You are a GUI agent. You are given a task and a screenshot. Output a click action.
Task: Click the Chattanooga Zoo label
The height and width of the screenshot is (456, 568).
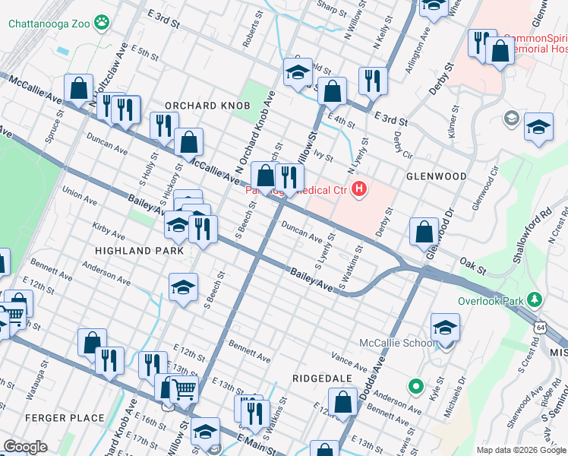(x=50, y=24)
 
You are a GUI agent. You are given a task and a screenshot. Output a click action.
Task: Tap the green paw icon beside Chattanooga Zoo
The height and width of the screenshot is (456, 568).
(x=102, y=24)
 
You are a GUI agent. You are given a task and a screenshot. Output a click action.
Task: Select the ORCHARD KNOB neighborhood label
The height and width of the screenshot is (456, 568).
(x=208, y=105)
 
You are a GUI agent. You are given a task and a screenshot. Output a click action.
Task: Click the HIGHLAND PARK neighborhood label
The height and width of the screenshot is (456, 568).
(x=139, y=250)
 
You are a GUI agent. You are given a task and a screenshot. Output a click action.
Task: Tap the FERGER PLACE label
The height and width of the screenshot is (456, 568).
(x=64, y=418)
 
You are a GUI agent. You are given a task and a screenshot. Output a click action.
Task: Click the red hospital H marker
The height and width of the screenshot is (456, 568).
(x=360, y=189)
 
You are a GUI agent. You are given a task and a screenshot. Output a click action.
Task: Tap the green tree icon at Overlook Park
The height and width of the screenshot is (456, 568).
(x=536, y=299)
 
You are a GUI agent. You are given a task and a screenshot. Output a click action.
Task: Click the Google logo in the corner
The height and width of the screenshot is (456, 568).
(x=25, y=446)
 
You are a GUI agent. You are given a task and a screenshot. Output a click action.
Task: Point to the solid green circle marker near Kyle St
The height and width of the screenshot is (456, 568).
(x=415, y=387)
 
